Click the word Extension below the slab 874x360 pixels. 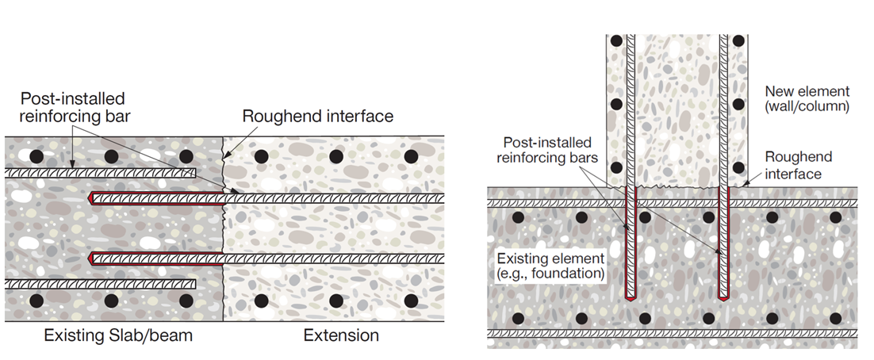click(341, 335)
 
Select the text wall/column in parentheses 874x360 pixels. click(807, 107)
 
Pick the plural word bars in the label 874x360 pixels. click(582, 158)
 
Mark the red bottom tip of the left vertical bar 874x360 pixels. click(631, 299)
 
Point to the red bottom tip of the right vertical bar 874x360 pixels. click(723, 299)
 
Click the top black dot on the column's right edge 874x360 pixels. click(738, 40)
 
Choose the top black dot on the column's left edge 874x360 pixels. click(616, 40)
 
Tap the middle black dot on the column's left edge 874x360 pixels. click(616, 104)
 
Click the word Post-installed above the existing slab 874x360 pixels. click(72, 99)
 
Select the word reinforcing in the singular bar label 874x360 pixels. click(59, 116)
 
